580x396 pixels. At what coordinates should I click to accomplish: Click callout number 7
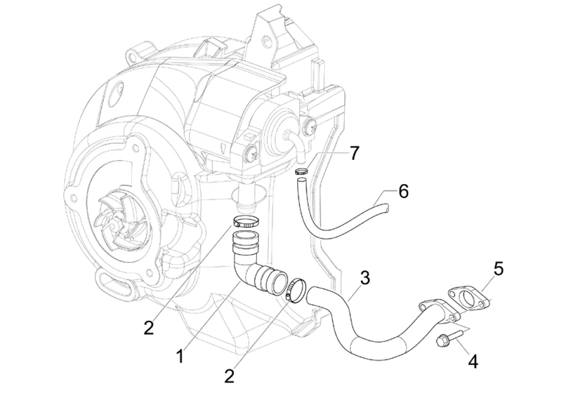point(353,154)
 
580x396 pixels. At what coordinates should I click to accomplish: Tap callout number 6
point(403,192)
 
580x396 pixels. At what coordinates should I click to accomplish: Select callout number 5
point(498,269)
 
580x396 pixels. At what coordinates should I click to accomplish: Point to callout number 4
point(473,361)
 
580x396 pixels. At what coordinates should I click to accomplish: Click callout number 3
point(365,278)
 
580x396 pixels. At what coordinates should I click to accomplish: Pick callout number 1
point(180,355)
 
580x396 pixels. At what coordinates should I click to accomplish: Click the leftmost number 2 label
point(149,328)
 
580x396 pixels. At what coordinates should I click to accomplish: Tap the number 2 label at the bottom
point(229,376)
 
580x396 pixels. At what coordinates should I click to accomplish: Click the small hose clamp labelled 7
point(302,172)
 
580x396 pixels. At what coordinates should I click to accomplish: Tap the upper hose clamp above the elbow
point(245,222)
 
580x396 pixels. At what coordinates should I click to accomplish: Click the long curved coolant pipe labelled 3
point(361,335)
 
